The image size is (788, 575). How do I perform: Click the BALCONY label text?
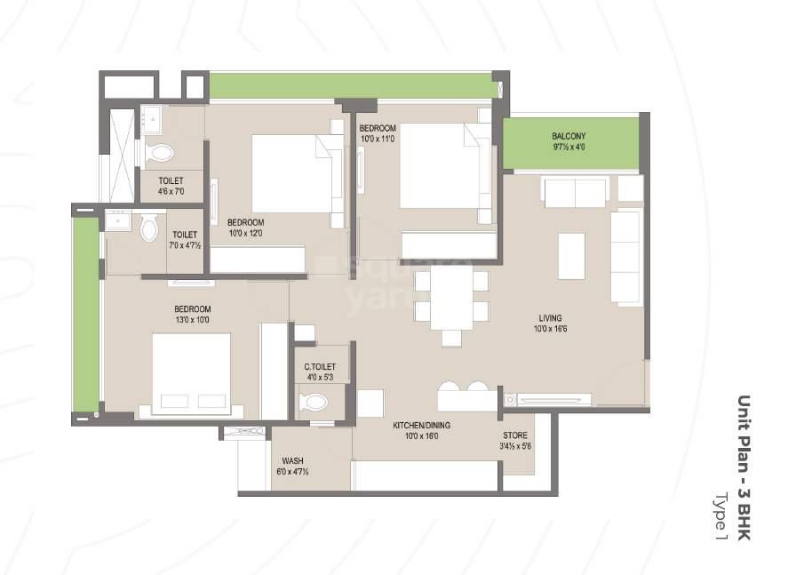tap(569, 136)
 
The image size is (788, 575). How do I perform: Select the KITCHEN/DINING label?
tap(416, 425)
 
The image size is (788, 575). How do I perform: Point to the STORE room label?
tap(515, 435)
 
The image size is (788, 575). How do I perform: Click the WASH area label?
tap(293, 461)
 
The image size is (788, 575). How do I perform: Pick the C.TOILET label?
tap(318, 365)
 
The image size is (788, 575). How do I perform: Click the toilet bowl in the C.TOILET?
tap(314, 403)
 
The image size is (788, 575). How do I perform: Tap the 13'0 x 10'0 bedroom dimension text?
tap(192, 320)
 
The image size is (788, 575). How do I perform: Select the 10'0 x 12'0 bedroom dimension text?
tap(245, 233)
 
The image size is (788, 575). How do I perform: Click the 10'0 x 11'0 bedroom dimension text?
tap(378, 139)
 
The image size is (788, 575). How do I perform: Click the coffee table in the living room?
tap(570, 256)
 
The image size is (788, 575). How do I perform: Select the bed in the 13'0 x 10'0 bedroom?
tap(191, 373)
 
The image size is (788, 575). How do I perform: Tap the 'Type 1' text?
tap(720, 515)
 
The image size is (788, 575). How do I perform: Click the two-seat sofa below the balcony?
tap(574, 192)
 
